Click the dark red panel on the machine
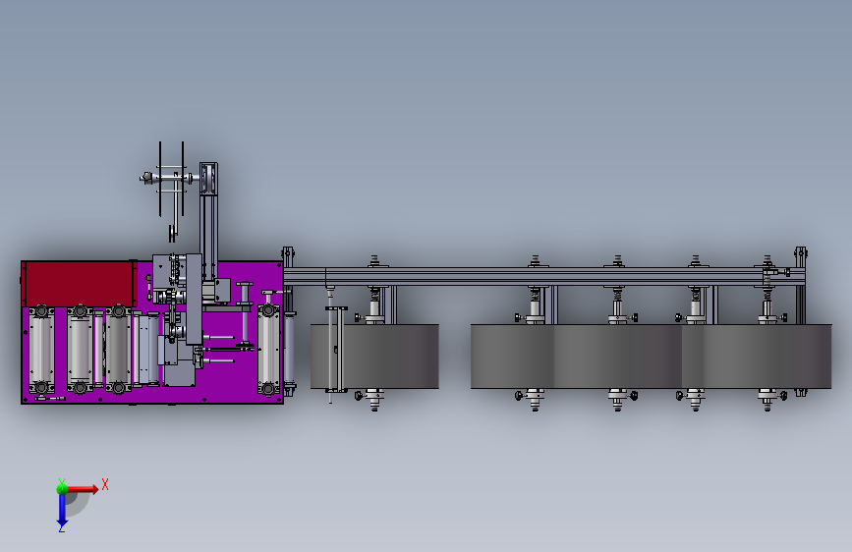(79, 283)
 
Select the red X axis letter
(105, 484)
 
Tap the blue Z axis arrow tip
(62, 524)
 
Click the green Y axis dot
(62, 489)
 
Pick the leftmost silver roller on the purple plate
(41, 349)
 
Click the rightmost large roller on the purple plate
(268, 348)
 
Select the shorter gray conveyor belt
(374, 357)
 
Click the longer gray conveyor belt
(651, 357)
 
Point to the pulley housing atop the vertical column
(208, 179)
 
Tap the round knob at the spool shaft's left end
(145, 177)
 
